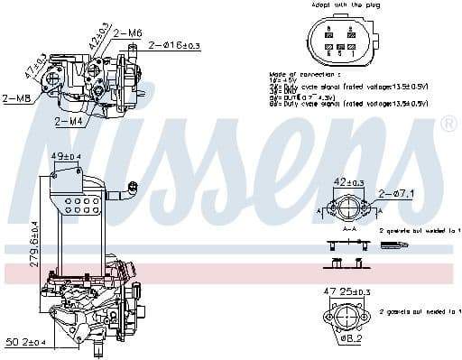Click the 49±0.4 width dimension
click(x=65, y=156)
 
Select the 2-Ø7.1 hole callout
click(x=397, y=192)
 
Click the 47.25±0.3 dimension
click(x=346, y=292)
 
